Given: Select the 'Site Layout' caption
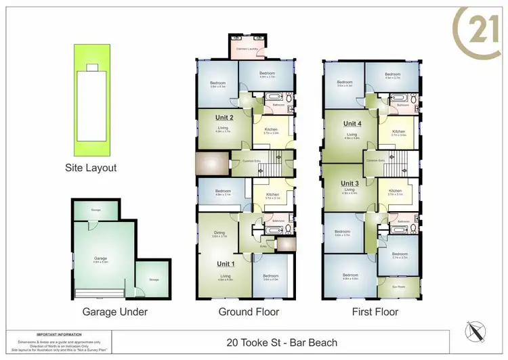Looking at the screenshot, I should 91,168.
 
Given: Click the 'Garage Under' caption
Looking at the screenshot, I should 115,312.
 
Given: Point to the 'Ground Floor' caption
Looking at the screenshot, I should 248,312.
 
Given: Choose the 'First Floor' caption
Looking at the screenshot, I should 375,312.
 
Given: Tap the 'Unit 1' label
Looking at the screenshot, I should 226,263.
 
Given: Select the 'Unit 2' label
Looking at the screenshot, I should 224,117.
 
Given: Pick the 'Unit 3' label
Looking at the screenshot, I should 350,183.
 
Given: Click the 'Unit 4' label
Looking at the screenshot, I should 352,124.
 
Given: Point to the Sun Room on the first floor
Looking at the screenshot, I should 400,287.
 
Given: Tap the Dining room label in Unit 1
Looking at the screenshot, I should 219,234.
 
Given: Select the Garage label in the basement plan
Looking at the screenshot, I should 101,258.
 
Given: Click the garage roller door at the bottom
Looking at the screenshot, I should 100,293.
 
